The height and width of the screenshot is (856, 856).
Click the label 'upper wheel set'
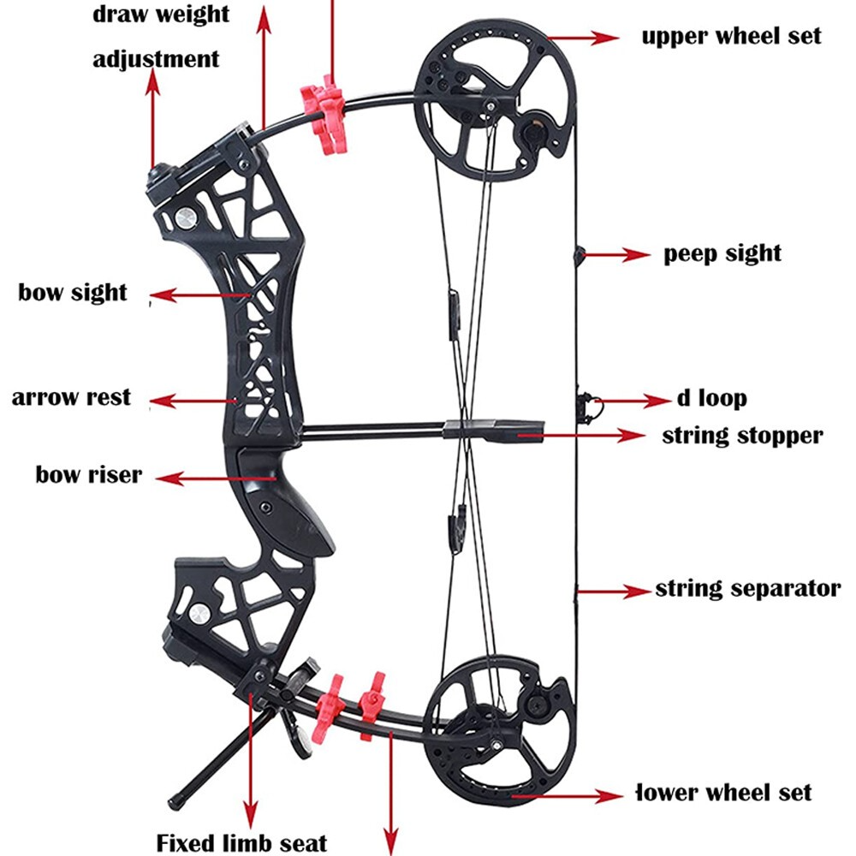click(731, 36)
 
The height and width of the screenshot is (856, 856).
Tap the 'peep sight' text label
click(722, 253)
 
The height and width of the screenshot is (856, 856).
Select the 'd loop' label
click(711, 399)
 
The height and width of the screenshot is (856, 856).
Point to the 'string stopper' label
click(742, 436)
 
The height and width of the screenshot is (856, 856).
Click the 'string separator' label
click(747, 589)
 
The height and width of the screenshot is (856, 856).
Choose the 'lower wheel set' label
click(724, 793)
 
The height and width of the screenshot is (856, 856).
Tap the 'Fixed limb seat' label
click(241, 842)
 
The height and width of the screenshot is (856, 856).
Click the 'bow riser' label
click(88, 474)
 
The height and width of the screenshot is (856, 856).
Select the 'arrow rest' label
click(71, 398)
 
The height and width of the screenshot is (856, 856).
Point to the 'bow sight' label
click(73, 293)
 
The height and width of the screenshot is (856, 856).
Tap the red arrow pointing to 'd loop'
click(633, 400)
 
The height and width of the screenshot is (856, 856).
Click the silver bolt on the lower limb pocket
click(199, 612)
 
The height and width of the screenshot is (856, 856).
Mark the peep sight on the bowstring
click(579, 253)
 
